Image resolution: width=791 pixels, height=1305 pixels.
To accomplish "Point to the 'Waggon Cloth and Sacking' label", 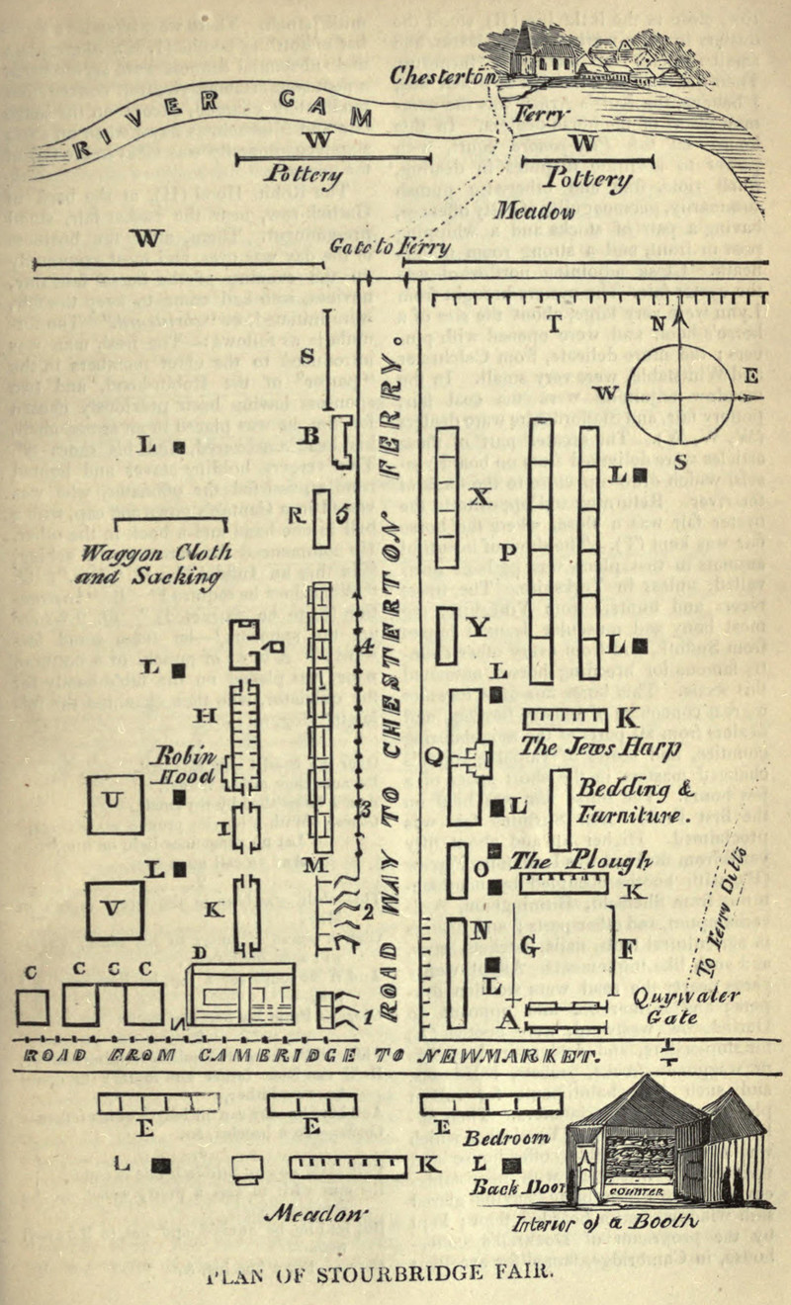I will [x=171, y=565].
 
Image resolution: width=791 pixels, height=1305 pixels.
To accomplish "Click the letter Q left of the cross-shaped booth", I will [x=433, y=756].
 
